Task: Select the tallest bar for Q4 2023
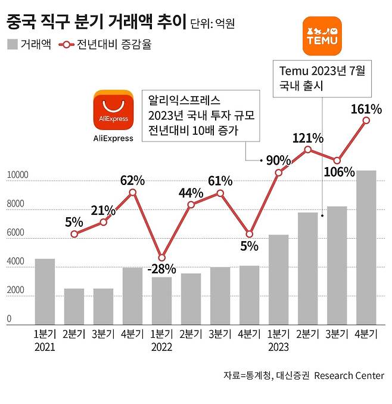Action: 366,247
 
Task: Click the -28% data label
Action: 161,268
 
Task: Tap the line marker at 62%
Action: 132,192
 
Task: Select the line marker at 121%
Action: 307,149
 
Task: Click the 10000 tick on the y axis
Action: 17,175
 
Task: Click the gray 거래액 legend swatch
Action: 12,44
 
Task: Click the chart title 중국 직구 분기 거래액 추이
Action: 95,23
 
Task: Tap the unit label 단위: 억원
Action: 213,24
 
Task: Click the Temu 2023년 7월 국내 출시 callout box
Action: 322,78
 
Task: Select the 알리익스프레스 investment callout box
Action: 201,115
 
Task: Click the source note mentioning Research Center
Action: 303,375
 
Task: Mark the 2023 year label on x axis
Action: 278,347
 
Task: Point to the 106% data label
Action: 340,172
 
